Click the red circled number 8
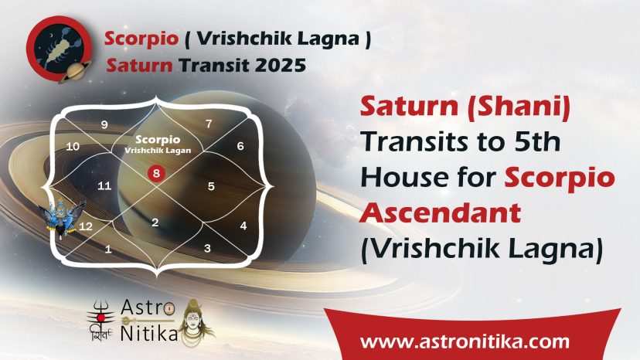click(156, 174)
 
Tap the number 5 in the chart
click(211, 186)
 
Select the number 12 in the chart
click(86, 226)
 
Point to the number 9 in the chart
click(104, 124)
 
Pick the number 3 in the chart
click(207, 248)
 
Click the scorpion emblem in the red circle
click(60, 49)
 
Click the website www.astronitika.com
click(465, 341)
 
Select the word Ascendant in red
click(440, 213)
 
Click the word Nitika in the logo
click(149, 334)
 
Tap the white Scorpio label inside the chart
click(158, 140)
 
